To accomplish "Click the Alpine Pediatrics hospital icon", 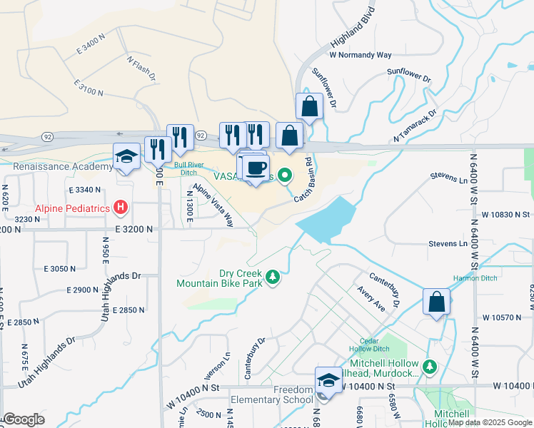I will point(121,208).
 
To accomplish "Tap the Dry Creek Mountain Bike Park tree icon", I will point(272,277).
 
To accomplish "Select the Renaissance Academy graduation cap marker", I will point(126,156).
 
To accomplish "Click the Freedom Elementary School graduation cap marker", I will point(328,379).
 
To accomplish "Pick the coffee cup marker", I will point(256,168).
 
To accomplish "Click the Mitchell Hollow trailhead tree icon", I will point(429,367).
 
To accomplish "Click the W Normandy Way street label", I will point(361,54).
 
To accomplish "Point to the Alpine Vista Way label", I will point(215,204).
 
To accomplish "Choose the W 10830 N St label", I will point(506,214).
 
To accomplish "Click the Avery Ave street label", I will point(373,302).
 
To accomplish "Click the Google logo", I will point(24,419).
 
